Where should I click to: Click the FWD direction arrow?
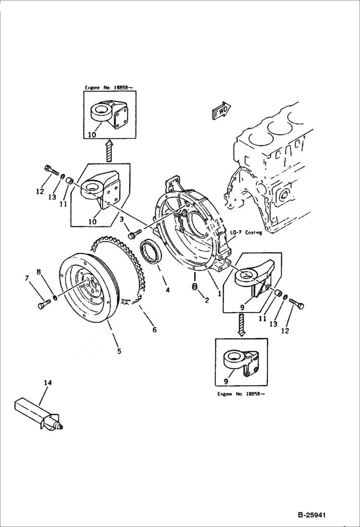221,110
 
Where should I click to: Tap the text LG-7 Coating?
246,233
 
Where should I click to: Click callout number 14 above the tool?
47,383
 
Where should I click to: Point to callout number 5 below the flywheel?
118,351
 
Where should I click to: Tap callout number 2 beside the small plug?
207,301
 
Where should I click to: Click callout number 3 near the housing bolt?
122,220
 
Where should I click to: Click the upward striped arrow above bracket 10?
109,150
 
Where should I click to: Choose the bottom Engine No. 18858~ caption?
241,393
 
